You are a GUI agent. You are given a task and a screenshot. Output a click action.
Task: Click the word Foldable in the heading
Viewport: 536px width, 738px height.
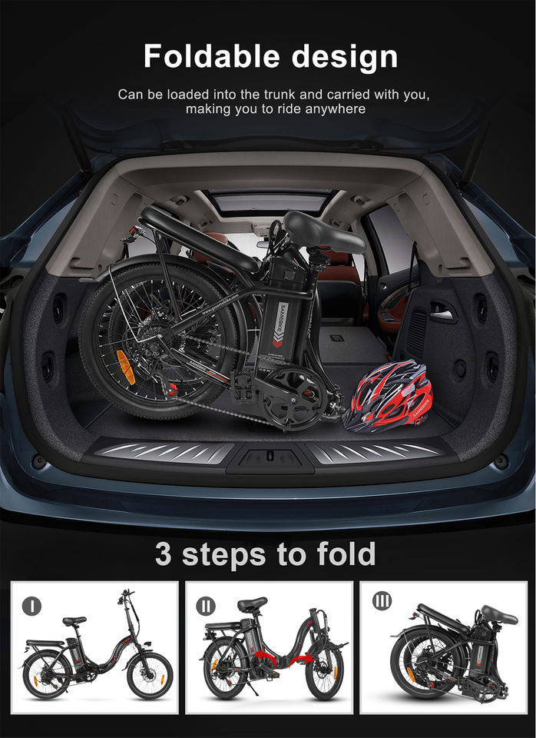click(212, 56)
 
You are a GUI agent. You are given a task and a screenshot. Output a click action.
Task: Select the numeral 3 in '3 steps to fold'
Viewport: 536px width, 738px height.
click(163, 554)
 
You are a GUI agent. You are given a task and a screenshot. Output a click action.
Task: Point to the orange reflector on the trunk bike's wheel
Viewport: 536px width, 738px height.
click(125, 367)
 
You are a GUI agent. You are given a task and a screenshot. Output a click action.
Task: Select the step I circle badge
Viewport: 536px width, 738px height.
click(31, 605)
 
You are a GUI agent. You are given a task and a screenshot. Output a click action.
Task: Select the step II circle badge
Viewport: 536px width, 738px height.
click(206, 606)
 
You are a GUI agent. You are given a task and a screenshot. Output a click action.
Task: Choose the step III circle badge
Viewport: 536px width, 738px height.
click(382, 600)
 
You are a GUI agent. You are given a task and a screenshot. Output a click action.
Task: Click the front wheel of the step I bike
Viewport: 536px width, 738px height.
click(150, 676)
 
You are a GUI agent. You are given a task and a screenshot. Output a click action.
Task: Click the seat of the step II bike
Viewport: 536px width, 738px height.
click(252, 603)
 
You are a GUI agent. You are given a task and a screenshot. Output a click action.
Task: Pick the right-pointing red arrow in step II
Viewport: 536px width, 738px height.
click(301, 660)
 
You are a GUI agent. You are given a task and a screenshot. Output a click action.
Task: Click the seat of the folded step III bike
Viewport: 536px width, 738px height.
click(498, 615)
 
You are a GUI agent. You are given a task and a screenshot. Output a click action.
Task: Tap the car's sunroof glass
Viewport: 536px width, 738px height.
click(271, 201)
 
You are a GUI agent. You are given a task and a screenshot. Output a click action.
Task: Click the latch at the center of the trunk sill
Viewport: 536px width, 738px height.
click(270, 456)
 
